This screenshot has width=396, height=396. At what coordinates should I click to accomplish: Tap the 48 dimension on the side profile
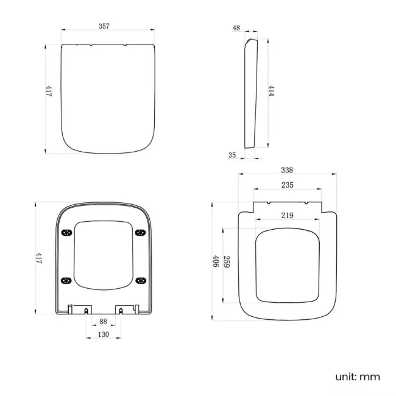pyautogui.click(x=236, y=27)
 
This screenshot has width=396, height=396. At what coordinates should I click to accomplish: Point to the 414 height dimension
pyautogui.click(x=271, y=91)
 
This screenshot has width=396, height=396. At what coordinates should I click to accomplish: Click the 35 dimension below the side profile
pyautogui.click(x=232, y=155)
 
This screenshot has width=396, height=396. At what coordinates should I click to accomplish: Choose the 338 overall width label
pyautogui.click(x=288, y=170)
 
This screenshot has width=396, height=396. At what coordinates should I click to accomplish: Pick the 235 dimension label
pyautogui.click(x=288, y=185)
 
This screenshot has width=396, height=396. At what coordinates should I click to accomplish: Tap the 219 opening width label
pyautogui.click(x=288, y=215)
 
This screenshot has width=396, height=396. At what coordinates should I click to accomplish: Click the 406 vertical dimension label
pyautogui.click(x=216, y=262)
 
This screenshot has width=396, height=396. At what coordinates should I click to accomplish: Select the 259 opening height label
pyautogui.click(x=226, y=263)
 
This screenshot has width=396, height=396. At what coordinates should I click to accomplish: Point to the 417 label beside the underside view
pyautogui.click(x=38, y=258)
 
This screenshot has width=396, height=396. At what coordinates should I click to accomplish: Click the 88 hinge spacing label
pyautogui.click(x=103, y=322)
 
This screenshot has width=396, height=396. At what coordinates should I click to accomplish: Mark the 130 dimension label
pyautogui.click(x=103, y=334)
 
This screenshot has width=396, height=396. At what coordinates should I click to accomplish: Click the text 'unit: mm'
pyautogui.click(x=357, y=376)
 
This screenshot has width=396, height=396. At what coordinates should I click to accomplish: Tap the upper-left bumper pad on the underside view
pyautogui.click(x=66, y=232)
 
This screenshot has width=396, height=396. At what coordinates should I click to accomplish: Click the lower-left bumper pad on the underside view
pyautogui.click(x=66, y=280)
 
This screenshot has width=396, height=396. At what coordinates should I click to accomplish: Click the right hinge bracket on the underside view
pyautogui.click(x=126, y=308)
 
